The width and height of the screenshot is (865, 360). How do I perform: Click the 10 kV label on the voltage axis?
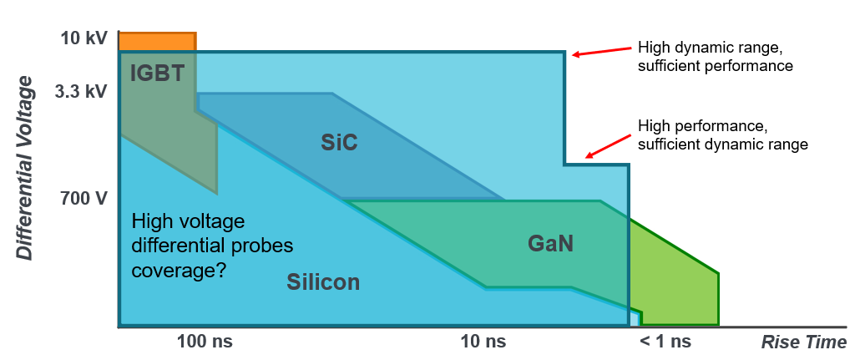click(x=82, y=40)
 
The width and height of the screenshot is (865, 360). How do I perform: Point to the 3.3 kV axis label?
click(x=80, y=91)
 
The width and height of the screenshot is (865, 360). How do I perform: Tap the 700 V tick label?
click(x=83, y=198)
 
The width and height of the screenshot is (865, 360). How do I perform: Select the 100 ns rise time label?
click(x=205, y=342)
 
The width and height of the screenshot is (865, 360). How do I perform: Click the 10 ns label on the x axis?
click(x=483, y=342)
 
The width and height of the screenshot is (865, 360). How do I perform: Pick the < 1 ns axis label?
click(x=665, y=342)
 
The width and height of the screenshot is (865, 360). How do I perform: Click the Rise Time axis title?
click(x=804, y=342)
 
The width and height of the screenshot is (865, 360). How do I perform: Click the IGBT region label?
click(x=157, y=73)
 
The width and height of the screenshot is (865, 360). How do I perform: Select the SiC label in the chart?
click(x=339, y=143)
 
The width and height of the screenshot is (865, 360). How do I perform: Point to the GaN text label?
click(x=550, y=244)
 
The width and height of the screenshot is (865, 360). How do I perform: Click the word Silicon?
click(x=323, y=282)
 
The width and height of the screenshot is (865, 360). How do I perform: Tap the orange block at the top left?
click(x=157, y=42)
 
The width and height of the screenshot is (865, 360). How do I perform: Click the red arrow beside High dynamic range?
click(x=601, y=51)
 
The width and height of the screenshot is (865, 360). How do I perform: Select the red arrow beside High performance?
click(x=608, y=146)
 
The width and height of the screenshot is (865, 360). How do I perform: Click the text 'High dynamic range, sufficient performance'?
click(x=716, y=56)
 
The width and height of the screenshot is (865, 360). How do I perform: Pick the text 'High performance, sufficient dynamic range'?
click(x=723, y=135)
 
